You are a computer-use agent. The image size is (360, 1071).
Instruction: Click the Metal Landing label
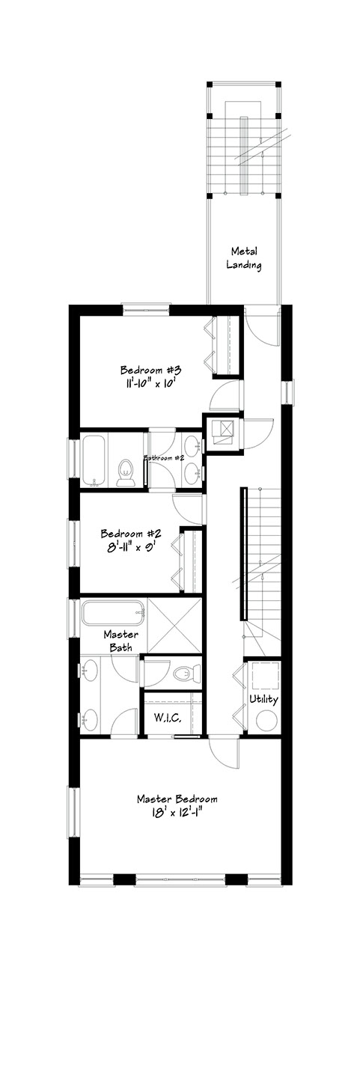(x=244, y=258)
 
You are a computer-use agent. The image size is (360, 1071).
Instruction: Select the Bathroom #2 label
(x=165, y=457)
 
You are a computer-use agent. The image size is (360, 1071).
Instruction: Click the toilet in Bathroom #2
(x=125, y=472)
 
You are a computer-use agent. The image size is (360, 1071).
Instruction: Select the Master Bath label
(x=121, y=641)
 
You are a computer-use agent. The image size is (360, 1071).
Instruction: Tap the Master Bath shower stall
(x=174, y=626)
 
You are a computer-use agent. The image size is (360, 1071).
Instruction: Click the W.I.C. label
(x=167, y=718)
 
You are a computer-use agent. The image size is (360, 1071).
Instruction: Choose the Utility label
(x=263, y=699)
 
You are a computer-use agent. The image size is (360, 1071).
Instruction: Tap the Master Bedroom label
(x=177, y=799)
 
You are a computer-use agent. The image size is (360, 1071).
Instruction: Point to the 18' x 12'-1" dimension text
(x=177, y=812)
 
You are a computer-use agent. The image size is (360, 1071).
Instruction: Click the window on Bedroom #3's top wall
(x=146, y=308)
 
